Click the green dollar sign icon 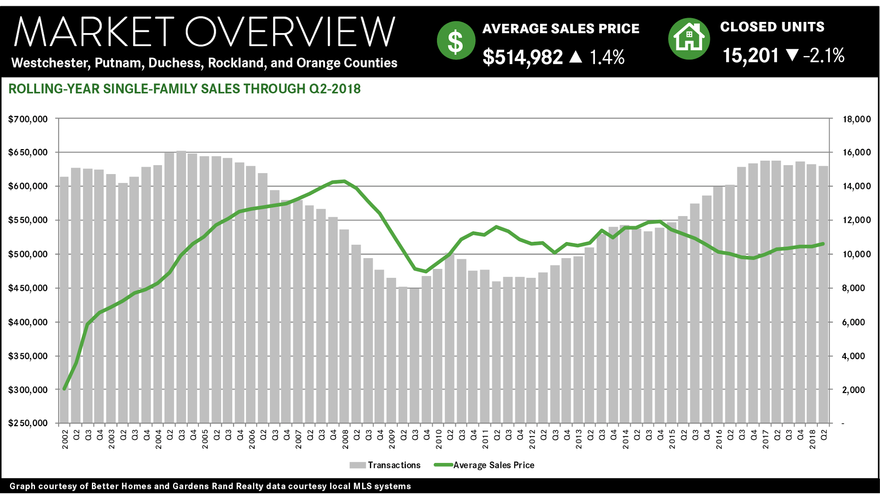point(456,40)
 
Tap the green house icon point(689,38)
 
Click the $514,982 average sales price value point(523,57)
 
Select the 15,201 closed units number point(750,56)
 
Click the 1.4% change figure point(607,57)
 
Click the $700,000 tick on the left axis point(28,119)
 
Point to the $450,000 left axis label point(28,288)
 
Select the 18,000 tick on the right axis point(857,119)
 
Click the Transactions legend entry point(385,465)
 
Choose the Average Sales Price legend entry point(485,465)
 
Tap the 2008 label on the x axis point(345,440)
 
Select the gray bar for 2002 point(64,300)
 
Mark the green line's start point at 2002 point(64,389)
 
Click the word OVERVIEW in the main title point(290,32)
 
